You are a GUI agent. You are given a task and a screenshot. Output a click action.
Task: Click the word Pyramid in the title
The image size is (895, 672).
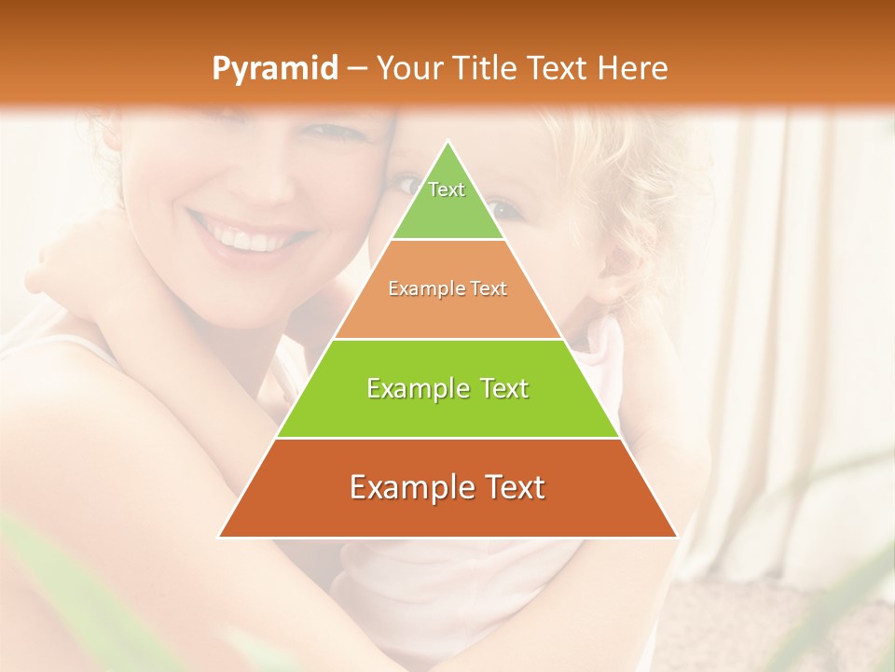point(274,69)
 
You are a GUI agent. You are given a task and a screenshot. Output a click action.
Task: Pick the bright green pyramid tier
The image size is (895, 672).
point(447,388)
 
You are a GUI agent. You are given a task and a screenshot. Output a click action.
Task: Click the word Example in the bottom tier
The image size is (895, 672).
point(406,488)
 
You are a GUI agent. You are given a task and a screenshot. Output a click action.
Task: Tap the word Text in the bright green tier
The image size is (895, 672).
point(503,388)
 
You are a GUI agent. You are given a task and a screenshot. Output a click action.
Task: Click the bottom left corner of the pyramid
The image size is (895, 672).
point(220,537)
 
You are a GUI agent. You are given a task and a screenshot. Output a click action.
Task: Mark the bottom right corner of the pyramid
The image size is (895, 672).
point(676,537)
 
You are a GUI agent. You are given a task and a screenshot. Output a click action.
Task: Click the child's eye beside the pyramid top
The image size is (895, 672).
point(499,207)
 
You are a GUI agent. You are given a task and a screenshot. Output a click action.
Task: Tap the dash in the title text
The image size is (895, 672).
point(357,69)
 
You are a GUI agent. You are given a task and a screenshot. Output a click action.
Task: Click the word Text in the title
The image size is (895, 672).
point(560,68)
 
